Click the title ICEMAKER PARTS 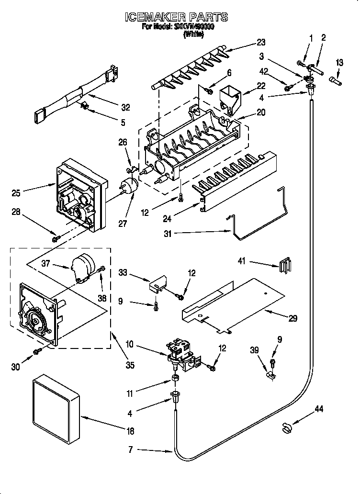(x=176, y=18)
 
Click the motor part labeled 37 (x=82, y=266)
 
